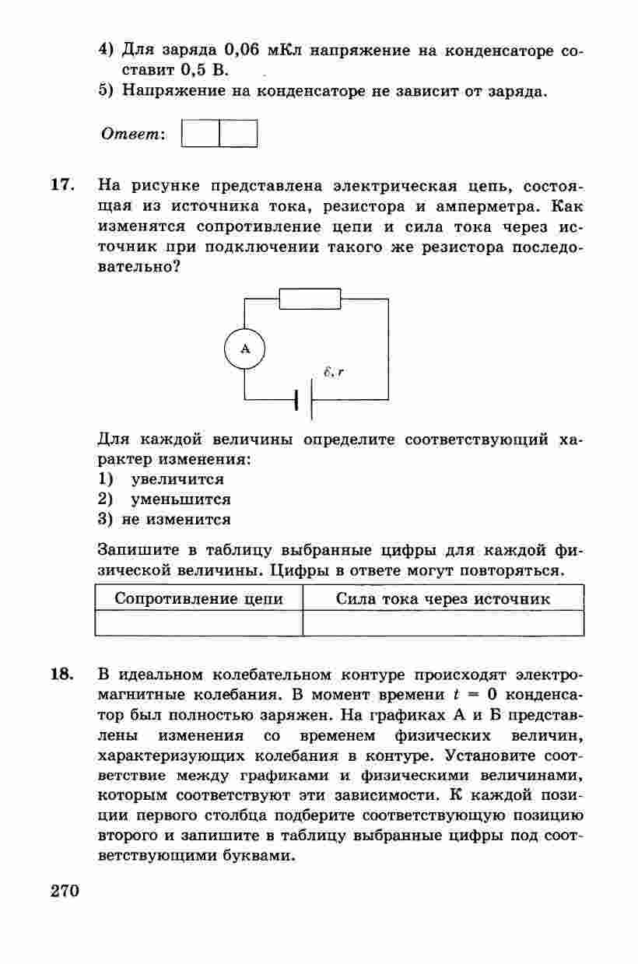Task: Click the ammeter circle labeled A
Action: (x=245, y=349)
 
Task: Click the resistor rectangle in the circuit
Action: (x=310, y=298)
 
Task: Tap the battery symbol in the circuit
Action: (x=304, y=399)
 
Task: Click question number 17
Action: (x=62, y=186)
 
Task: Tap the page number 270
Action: (x=65, y=891)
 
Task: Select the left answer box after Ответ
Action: (x=200, y=133)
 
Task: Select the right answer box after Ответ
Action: (x=238, y=133)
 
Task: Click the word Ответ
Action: (x=132, y=134)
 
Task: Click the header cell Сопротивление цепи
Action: (x=198, y=599)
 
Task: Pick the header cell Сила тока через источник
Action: (x=443, y=599)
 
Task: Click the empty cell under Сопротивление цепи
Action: (x=198, y=623)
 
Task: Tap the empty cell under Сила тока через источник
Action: (x=443, y=623)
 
